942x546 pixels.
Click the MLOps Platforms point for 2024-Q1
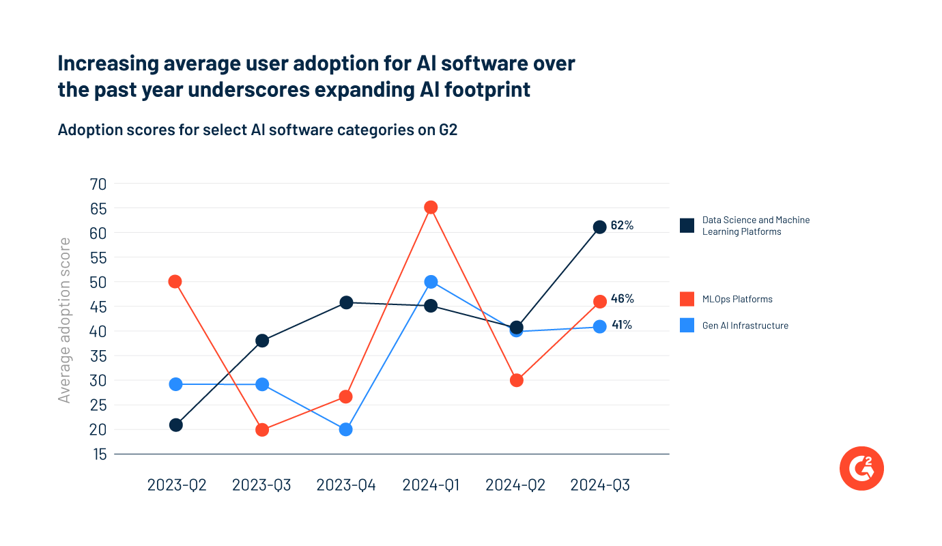[x=431, y=207]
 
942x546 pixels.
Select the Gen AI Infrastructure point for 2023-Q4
[x=346, y=429]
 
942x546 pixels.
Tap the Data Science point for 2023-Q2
[x=175, y=425]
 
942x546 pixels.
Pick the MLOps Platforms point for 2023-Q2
[x=175, y=282]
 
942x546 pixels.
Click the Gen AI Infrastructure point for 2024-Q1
[x=431, y=282]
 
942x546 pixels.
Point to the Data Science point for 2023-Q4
[x=346, y=302]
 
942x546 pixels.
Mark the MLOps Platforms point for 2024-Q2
[x=517, y=380]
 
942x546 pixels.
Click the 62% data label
[x=622, y=225]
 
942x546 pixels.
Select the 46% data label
[x=622, y=298]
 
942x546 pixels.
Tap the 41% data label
[x=621, y=325]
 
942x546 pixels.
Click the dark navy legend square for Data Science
[x=687, y=225]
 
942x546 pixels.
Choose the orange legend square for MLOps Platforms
[x=687, y=299]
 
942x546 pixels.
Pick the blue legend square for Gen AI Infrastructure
[x=687, y=326]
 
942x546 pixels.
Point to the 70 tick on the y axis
[x=98, y=184]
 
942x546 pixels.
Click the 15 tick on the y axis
[x=98, y=454]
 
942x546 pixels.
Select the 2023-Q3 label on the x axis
[x=261, y=485]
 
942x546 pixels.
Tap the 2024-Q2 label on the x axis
[x=515, y=485]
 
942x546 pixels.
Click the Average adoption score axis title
[x=65, y=319]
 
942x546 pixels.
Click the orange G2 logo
[x=861, y=468]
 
